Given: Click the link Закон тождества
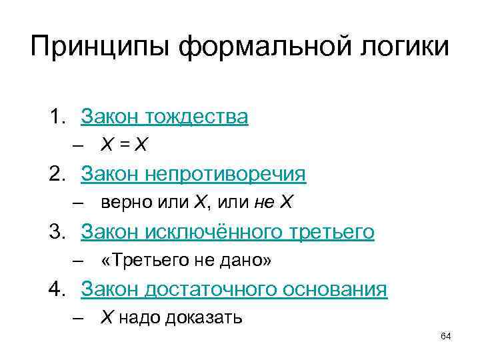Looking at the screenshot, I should (x=164, y=117).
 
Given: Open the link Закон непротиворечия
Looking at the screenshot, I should (x=193, y=175).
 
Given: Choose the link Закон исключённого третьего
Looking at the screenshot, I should (x=227, y=232).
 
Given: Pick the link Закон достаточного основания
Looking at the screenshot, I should (x=234, y=289).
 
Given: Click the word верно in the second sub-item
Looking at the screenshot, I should (x=121, y=203).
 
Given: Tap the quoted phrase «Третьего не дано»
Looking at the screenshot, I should (x=186, y=260).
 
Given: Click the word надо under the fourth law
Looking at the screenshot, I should (x=137, y=317).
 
